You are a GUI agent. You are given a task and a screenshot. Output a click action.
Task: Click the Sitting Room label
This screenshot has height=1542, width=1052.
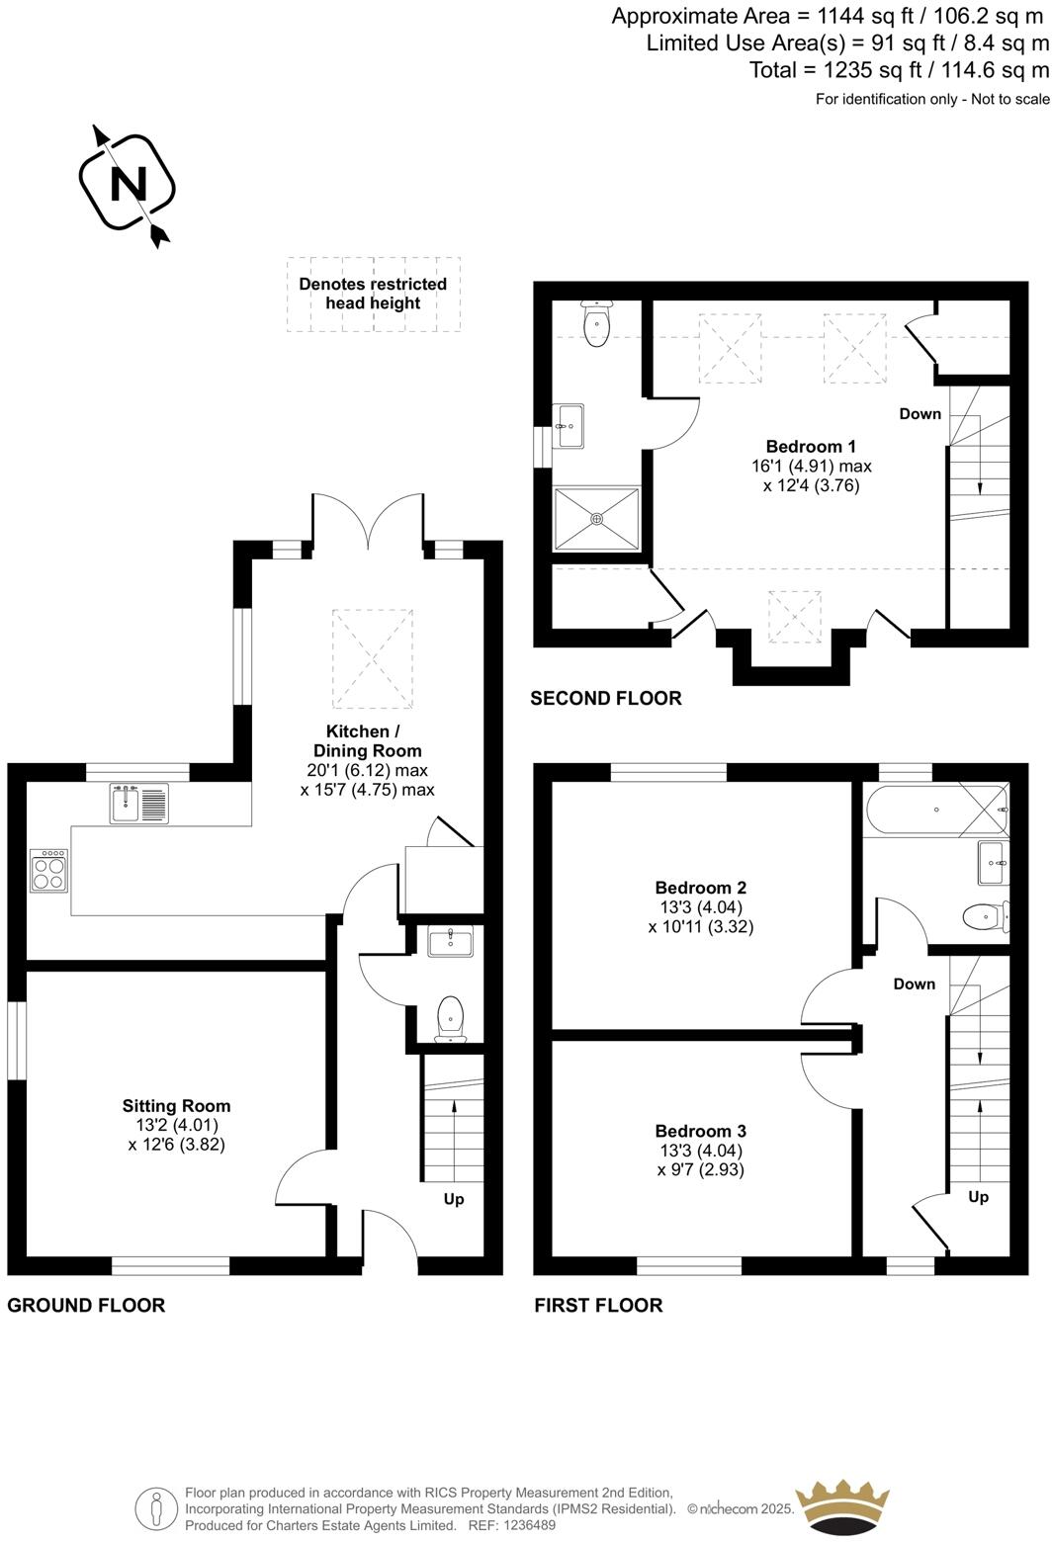click(x=176, y=1106)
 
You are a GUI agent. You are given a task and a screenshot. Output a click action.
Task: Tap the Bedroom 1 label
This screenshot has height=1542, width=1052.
click(x=811, y=446)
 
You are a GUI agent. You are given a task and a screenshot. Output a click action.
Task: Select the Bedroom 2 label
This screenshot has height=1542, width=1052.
click(x=700, y=888)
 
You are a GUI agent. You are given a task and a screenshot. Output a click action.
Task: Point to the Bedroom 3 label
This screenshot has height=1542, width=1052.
click(x=700, y=1131)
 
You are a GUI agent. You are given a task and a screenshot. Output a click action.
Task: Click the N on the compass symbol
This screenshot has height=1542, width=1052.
click(x=128, y=183)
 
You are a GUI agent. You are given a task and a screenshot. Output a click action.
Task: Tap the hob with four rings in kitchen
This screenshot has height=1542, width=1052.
click(x=48, y=870)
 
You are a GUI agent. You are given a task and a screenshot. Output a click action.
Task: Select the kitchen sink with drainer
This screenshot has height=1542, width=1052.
click(x=139, y=803)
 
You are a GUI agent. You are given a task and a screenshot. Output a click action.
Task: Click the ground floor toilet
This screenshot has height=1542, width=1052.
click(x=450, y=1018)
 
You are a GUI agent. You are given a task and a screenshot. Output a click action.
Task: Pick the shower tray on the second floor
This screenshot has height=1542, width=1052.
click(x=596, y=518)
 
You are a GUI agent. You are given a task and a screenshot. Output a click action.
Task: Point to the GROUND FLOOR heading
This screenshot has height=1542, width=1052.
click(x=86, y=1305)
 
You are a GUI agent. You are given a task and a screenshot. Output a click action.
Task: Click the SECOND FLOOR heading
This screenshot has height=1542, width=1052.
click(x=605, y=699)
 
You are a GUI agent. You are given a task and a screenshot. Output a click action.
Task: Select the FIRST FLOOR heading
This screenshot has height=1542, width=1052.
click(x=598, y=1305)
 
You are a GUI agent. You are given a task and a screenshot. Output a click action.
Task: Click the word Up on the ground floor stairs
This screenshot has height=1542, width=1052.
click(x=454, y=1199)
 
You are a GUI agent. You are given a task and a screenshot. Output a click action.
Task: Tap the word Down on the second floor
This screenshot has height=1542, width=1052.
click(x=920, y=413)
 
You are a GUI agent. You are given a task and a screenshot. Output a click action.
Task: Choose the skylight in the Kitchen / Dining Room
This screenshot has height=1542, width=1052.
click(x=372, y=658)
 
